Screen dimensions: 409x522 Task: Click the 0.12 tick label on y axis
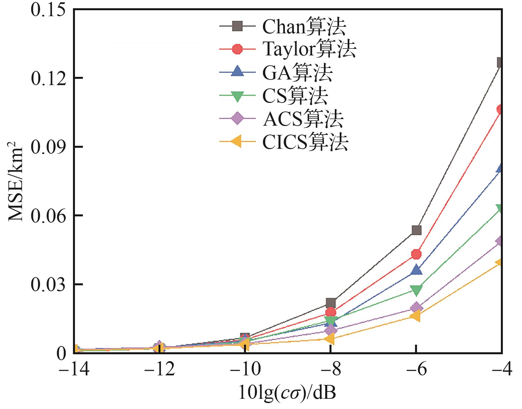[48, 78]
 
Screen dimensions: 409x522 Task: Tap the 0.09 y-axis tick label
[48, 147]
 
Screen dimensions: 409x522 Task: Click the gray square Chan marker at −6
[416, 230]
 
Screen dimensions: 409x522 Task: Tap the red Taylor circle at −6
[416, 254]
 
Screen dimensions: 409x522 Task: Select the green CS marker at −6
[416, 290]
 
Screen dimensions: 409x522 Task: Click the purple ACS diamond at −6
[416, 308]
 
